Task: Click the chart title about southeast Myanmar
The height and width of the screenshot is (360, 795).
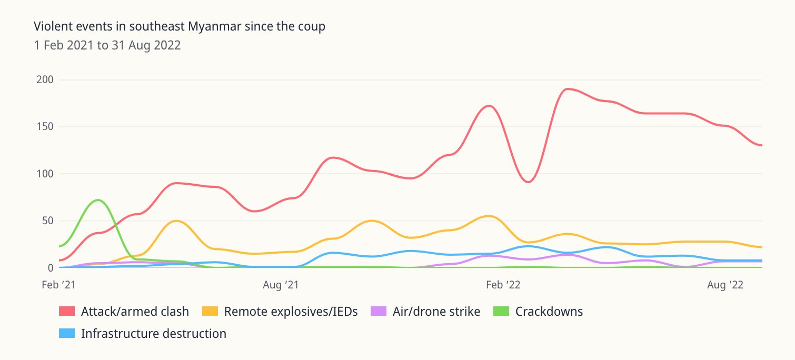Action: tap(180, 26)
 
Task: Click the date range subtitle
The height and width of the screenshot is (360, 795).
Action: tap(107, 45)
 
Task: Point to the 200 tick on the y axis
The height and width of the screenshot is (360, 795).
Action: tap(45, 80)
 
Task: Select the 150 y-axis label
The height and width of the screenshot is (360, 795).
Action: tap(45, 127)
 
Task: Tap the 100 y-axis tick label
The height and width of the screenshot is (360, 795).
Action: tap(45, 174)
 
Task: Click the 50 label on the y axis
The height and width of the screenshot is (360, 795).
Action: tap(48, 221)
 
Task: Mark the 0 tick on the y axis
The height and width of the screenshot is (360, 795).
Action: tap(51, 267)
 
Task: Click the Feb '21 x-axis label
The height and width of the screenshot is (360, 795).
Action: tap(59, 285)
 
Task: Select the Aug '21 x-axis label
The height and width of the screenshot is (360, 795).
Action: tap(281, 285)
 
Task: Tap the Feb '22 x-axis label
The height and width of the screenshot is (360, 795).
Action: tap(503, 285)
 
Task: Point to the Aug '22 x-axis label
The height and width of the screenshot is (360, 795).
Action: tap(726, 285)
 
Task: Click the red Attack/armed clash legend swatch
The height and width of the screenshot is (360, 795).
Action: tap(66, 312)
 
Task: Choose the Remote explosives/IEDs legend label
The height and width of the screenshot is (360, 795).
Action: tap(291, 312)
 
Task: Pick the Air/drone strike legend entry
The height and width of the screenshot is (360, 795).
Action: tap(436, 312)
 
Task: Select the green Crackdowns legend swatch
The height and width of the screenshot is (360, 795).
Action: tap(501, 312)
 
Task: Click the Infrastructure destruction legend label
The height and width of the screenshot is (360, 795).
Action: tap(154, 334)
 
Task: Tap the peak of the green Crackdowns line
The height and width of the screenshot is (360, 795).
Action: tap(98, 200)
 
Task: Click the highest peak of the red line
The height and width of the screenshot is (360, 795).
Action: tap(567, 89)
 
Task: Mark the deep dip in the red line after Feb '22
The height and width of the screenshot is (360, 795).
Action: tap(528, 182)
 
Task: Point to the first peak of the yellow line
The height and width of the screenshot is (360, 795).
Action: tap(176, 221)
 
